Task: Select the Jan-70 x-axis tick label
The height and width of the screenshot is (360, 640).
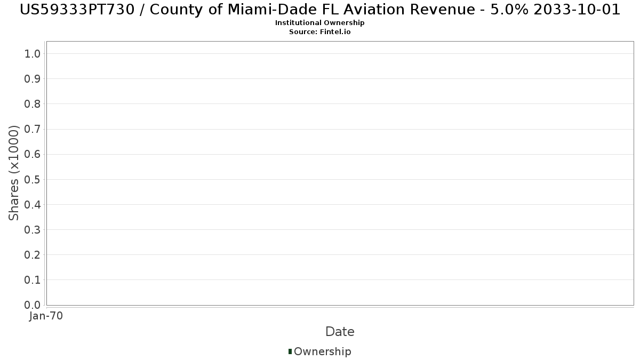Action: point(46,316)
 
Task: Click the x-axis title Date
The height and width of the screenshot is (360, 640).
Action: point(340,332)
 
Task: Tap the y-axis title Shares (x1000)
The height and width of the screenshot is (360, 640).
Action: point(14,173)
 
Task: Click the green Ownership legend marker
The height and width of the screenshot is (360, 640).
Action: point(290,351)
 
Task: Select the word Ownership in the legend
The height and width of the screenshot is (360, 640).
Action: point(322,351)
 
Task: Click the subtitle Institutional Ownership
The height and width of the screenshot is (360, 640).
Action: point(319,23)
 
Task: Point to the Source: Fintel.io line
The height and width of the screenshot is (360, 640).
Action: point(319,31)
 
